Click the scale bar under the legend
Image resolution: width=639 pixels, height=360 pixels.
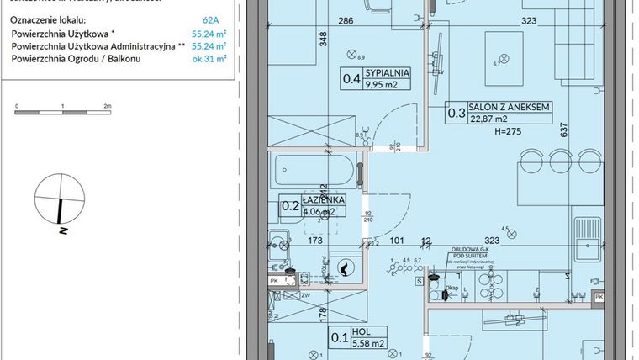pyautogui.click(x=62, y=109)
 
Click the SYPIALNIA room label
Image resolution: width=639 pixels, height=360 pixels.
pyautogui.click(x=386, y=73)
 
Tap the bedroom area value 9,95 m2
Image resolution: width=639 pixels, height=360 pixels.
pyautogui.click(x=386, y=85)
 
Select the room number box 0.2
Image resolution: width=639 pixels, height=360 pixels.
pyautogui.click(x=290, y=205)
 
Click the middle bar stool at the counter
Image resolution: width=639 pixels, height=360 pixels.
pyautogui.click(x=559, y=159)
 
